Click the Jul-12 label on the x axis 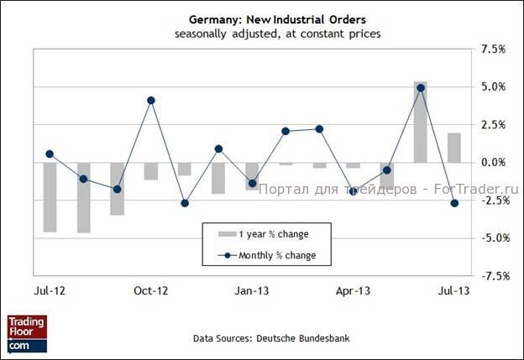tap(49, 291)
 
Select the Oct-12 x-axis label tap(151, 291)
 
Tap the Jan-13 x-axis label tap(252, 291)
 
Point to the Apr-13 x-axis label tap(353, 291)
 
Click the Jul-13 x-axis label tap(454, 291)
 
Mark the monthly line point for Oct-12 tap(151, 100)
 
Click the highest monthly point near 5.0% tap(421, 87)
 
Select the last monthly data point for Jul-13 tap(454, 203)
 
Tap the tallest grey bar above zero tap(421, 122)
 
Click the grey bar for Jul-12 tap(50, 196)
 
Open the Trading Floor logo tap(27, 333)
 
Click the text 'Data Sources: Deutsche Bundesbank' tap(270, 339)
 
